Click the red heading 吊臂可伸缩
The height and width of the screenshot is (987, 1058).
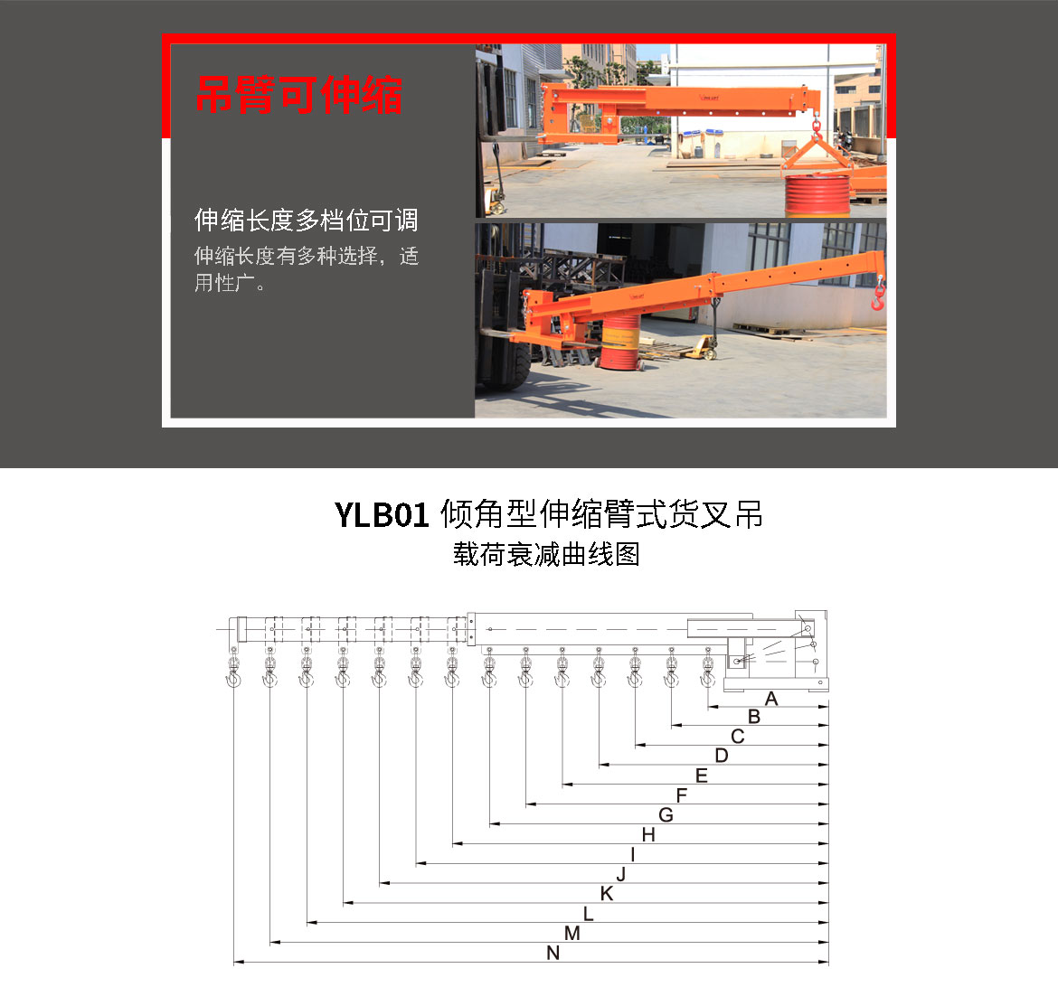coord(299,95)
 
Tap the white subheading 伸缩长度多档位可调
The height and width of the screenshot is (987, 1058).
coord(307,220)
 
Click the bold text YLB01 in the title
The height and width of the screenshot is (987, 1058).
coord(382,515)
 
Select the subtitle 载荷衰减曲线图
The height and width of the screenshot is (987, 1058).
coord(546,555)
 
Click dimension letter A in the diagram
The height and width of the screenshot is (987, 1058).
coord(771,699)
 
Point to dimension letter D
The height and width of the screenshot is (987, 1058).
coord(722,756)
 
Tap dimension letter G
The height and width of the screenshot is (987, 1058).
coord(666,815)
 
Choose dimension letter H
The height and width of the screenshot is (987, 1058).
coord(648,834)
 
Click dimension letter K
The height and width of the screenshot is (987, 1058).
coord(607,894)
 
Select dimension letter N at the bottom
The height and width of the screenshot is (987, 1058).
coord(553,954)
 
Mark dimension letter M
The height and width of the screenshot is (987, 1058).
coord(572,933)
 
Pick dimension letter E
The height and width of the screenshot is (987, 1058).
coord(702,775)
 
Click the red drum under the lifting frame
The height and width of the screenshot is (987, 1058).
coord(817,195)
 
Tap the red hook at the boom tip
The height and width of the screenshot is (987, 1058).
coord(878,296)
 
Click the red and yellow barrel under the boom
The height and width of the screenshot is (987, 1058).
coord(620,342)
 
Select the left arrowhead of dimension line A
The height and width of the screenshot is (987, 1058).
coord(712,706)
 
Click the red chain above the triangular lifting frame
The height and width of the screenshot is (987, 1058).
coord(817,127)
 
